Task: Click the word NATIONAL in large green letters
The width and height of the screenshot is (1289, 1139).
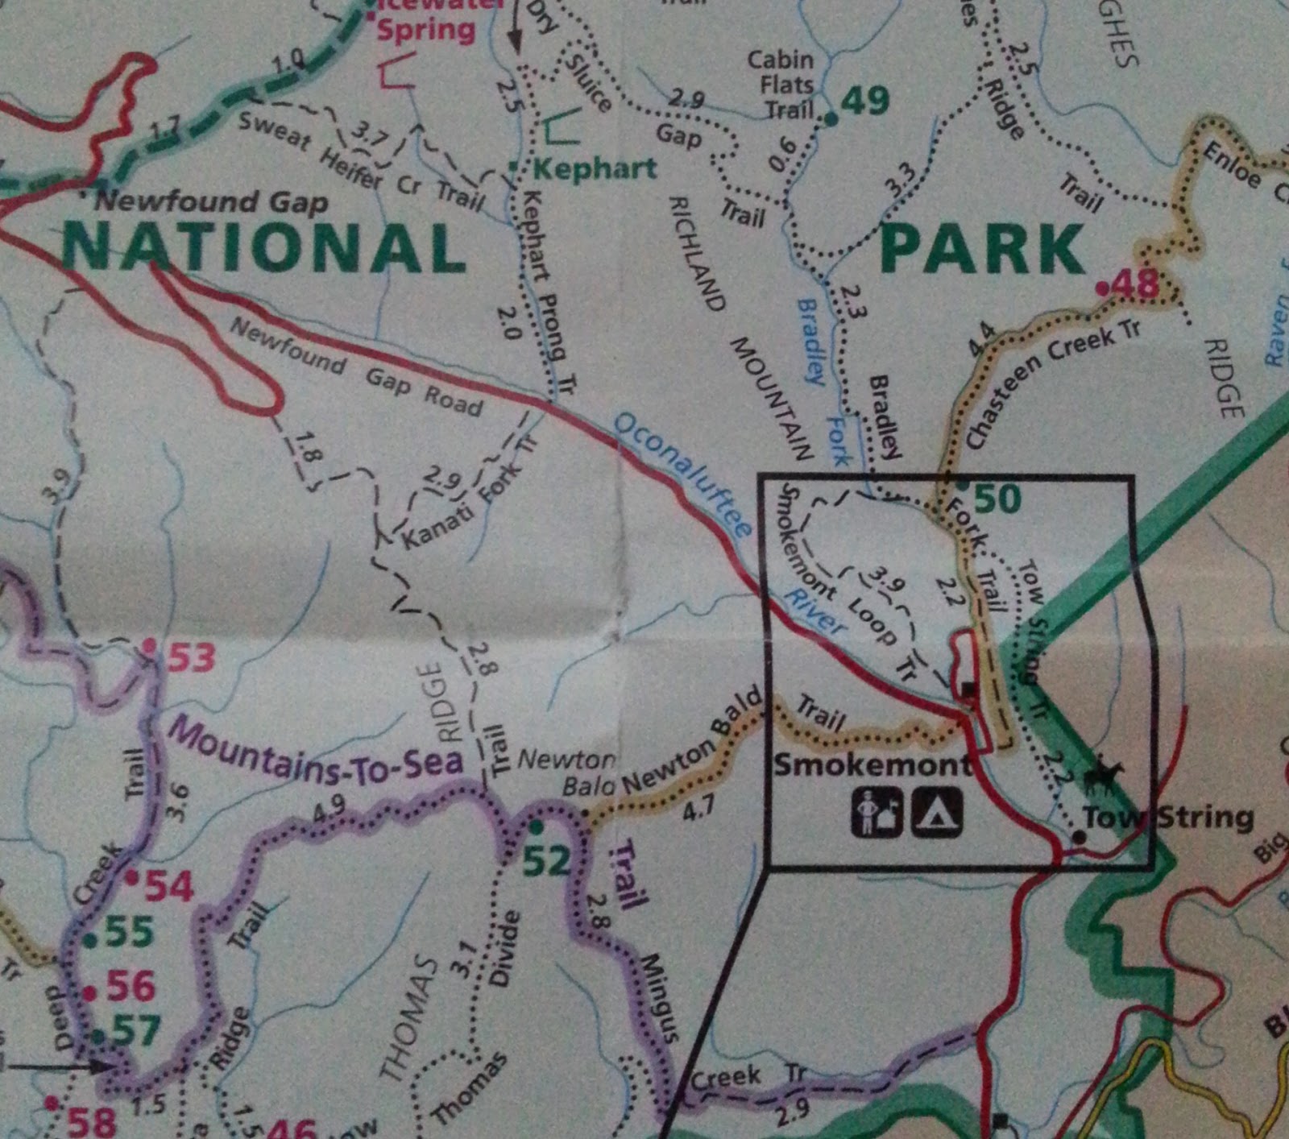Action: click(264, 246)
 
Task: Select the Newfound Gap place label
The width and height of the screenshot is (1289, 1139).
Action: click(212, 201)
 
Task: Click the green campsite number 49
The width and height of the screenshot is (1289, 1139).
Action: click(865, 101)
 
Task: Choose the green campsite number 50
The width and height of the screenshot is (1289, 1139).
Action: click(997, 499)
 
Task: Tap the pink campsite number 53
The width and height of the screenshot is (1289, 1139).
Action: click(190, 658)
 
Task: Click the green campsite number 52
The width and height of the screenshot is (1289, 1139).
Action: click(546, 860)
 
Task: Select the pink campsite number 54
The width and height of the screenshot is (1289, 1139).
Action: click(168, 887)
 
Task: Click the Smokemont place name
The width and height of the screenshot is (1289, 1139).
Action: click(872, 764)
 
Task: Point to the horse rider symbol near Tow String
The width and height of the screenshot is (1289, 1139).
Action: click(1102, 777)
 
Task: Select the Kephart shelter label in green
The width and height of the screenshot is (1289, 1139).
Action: click(595, 169)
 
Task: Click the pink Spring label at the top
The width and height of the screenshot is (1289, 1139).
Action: click(426, 31)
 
